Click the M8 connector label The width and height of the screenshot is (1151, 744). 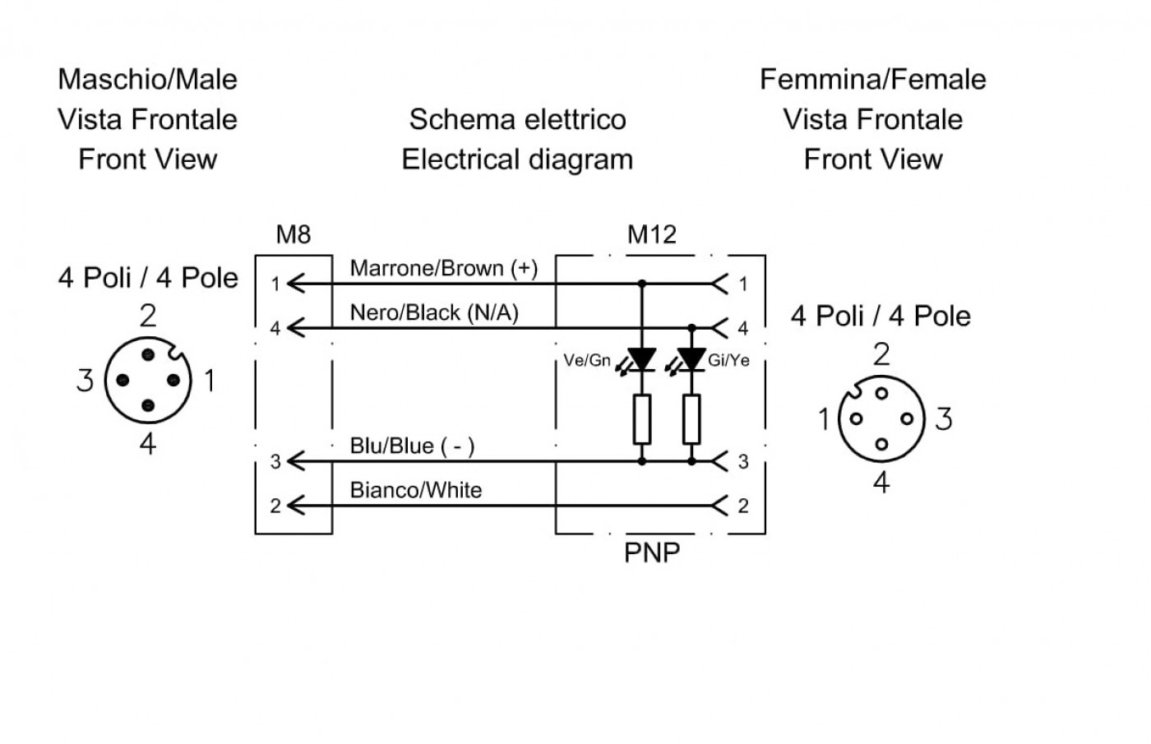pos(294,234)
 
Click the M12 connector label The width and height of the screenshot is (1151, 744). pos(651,234)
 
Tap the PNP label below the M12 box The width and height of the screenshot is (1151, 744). pos(651,552)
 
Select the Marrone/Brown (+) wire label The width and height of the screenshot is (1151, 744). pos(443,268)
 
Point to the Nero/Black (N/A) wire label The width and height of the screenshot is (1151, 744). pos(434,312)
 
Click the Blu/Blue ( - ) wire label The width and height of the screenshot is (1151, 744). pos(412,446)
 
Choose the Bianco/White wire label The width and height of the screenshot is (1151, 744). pos(416,490)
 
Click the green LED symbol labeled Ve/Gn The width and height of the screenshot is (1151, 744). pos(640,360)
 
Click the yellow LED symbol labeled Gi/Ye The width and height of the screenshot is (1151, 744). pos(690,360)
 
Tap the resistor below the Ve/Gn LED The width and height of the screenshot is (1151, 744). pos(642,419)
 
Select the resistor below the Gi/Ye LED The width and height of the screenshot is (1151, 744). pos(691,419)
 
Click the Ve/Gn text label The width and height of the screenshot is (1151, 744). pos(587,360)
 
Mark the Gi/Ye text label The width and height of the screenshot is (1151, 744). pos(728,360)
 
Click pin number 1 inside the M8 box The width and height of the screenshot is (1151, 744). pos(275,284)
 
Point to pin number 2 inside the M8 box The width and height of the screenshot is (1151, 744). pos(275,506)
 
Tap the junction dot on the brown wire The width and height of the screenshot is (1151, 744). pos(642,283)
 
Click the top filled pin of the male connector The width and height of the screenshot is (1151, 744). pos(148,354)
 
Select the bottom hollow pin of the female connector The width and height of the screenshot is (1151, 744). pos(881,444)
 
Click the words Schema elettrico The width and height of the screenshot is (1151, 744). pos(517,120)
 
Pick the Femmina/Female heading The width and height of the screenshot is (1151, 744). pos(872,80)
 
